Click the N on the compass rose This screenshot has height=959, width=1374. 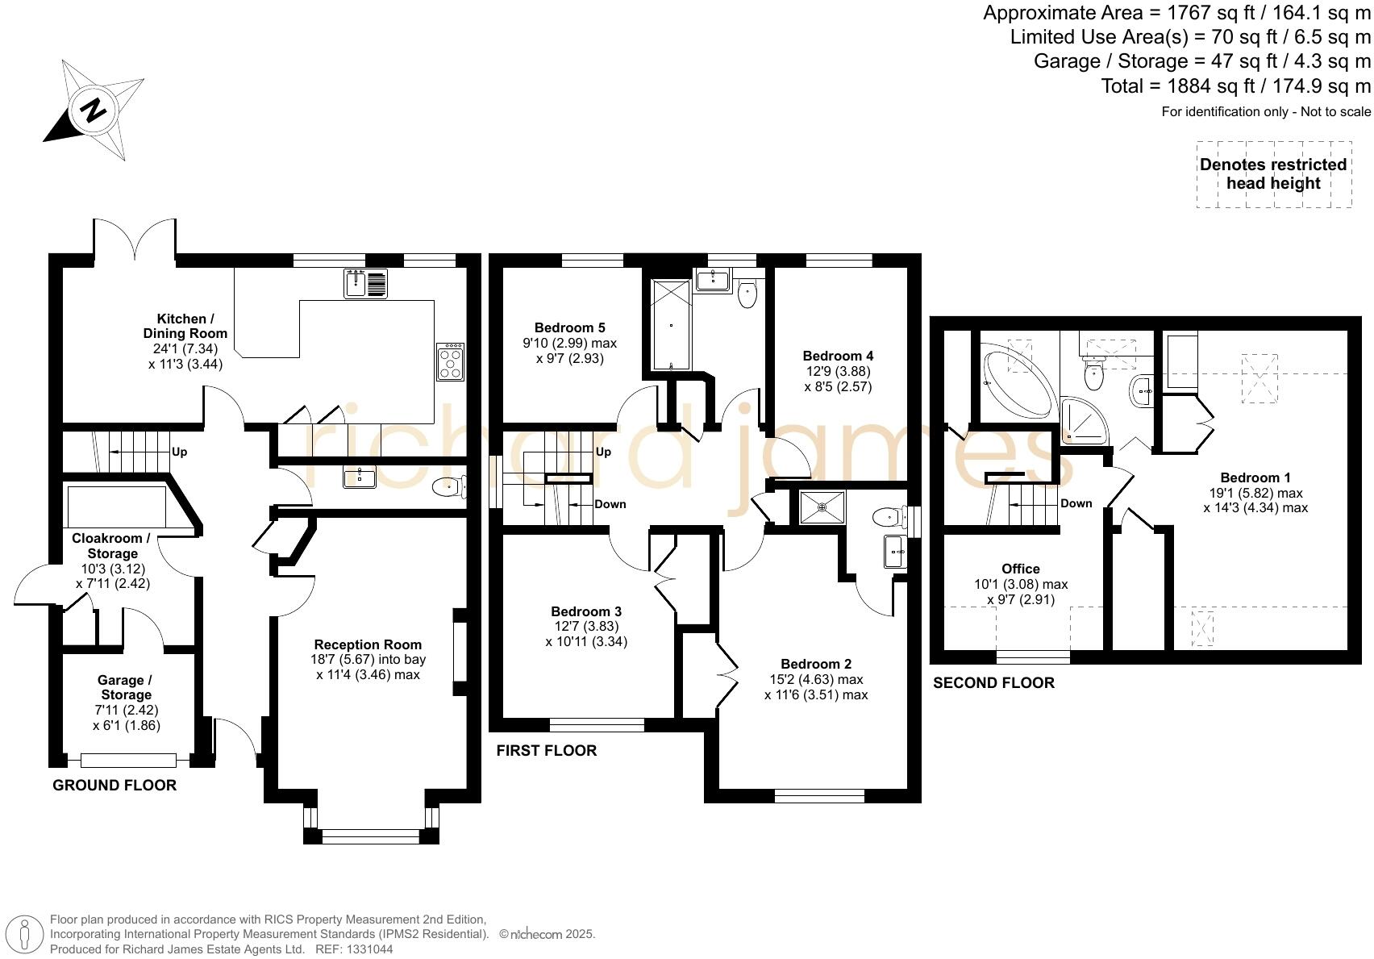point(94,109)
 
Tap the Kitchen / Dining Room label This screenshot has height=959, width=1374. point(185,326)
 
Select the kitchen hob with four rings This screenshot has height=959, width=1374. point(451,362)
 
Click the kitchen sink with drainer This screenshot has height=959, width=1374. point(365,283)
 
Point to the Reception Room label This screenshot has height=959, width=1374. point(368,644)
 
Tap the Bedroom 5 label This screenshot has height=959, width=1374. point(569,327)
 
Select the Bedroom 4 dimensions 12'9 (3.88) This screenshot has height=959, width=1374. point(838,371)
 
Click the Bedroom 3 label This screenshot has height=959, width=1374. point(586,611)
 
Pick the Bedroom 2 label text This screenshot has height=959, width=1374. point(816,664)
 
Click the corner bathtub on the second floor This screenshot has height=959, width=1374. point(1016,381)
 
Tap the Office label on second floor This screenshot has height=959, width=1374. point(1021,569)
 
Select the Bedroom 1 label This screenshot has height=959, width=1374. point(1250,477)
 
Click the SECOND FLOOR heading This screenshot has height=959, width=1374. point(993,683)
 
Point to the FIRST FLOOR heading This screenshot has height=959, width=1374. point(546,751)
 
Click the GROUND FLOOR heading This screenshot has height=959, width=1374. point(114,786)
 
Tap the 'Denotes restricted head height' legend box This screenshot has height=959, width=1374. point(1273,174)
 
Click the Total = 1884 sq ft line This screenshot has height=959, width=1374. point(1236,86)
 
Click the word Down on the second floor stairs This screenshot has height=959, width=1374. point(1076,503)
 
